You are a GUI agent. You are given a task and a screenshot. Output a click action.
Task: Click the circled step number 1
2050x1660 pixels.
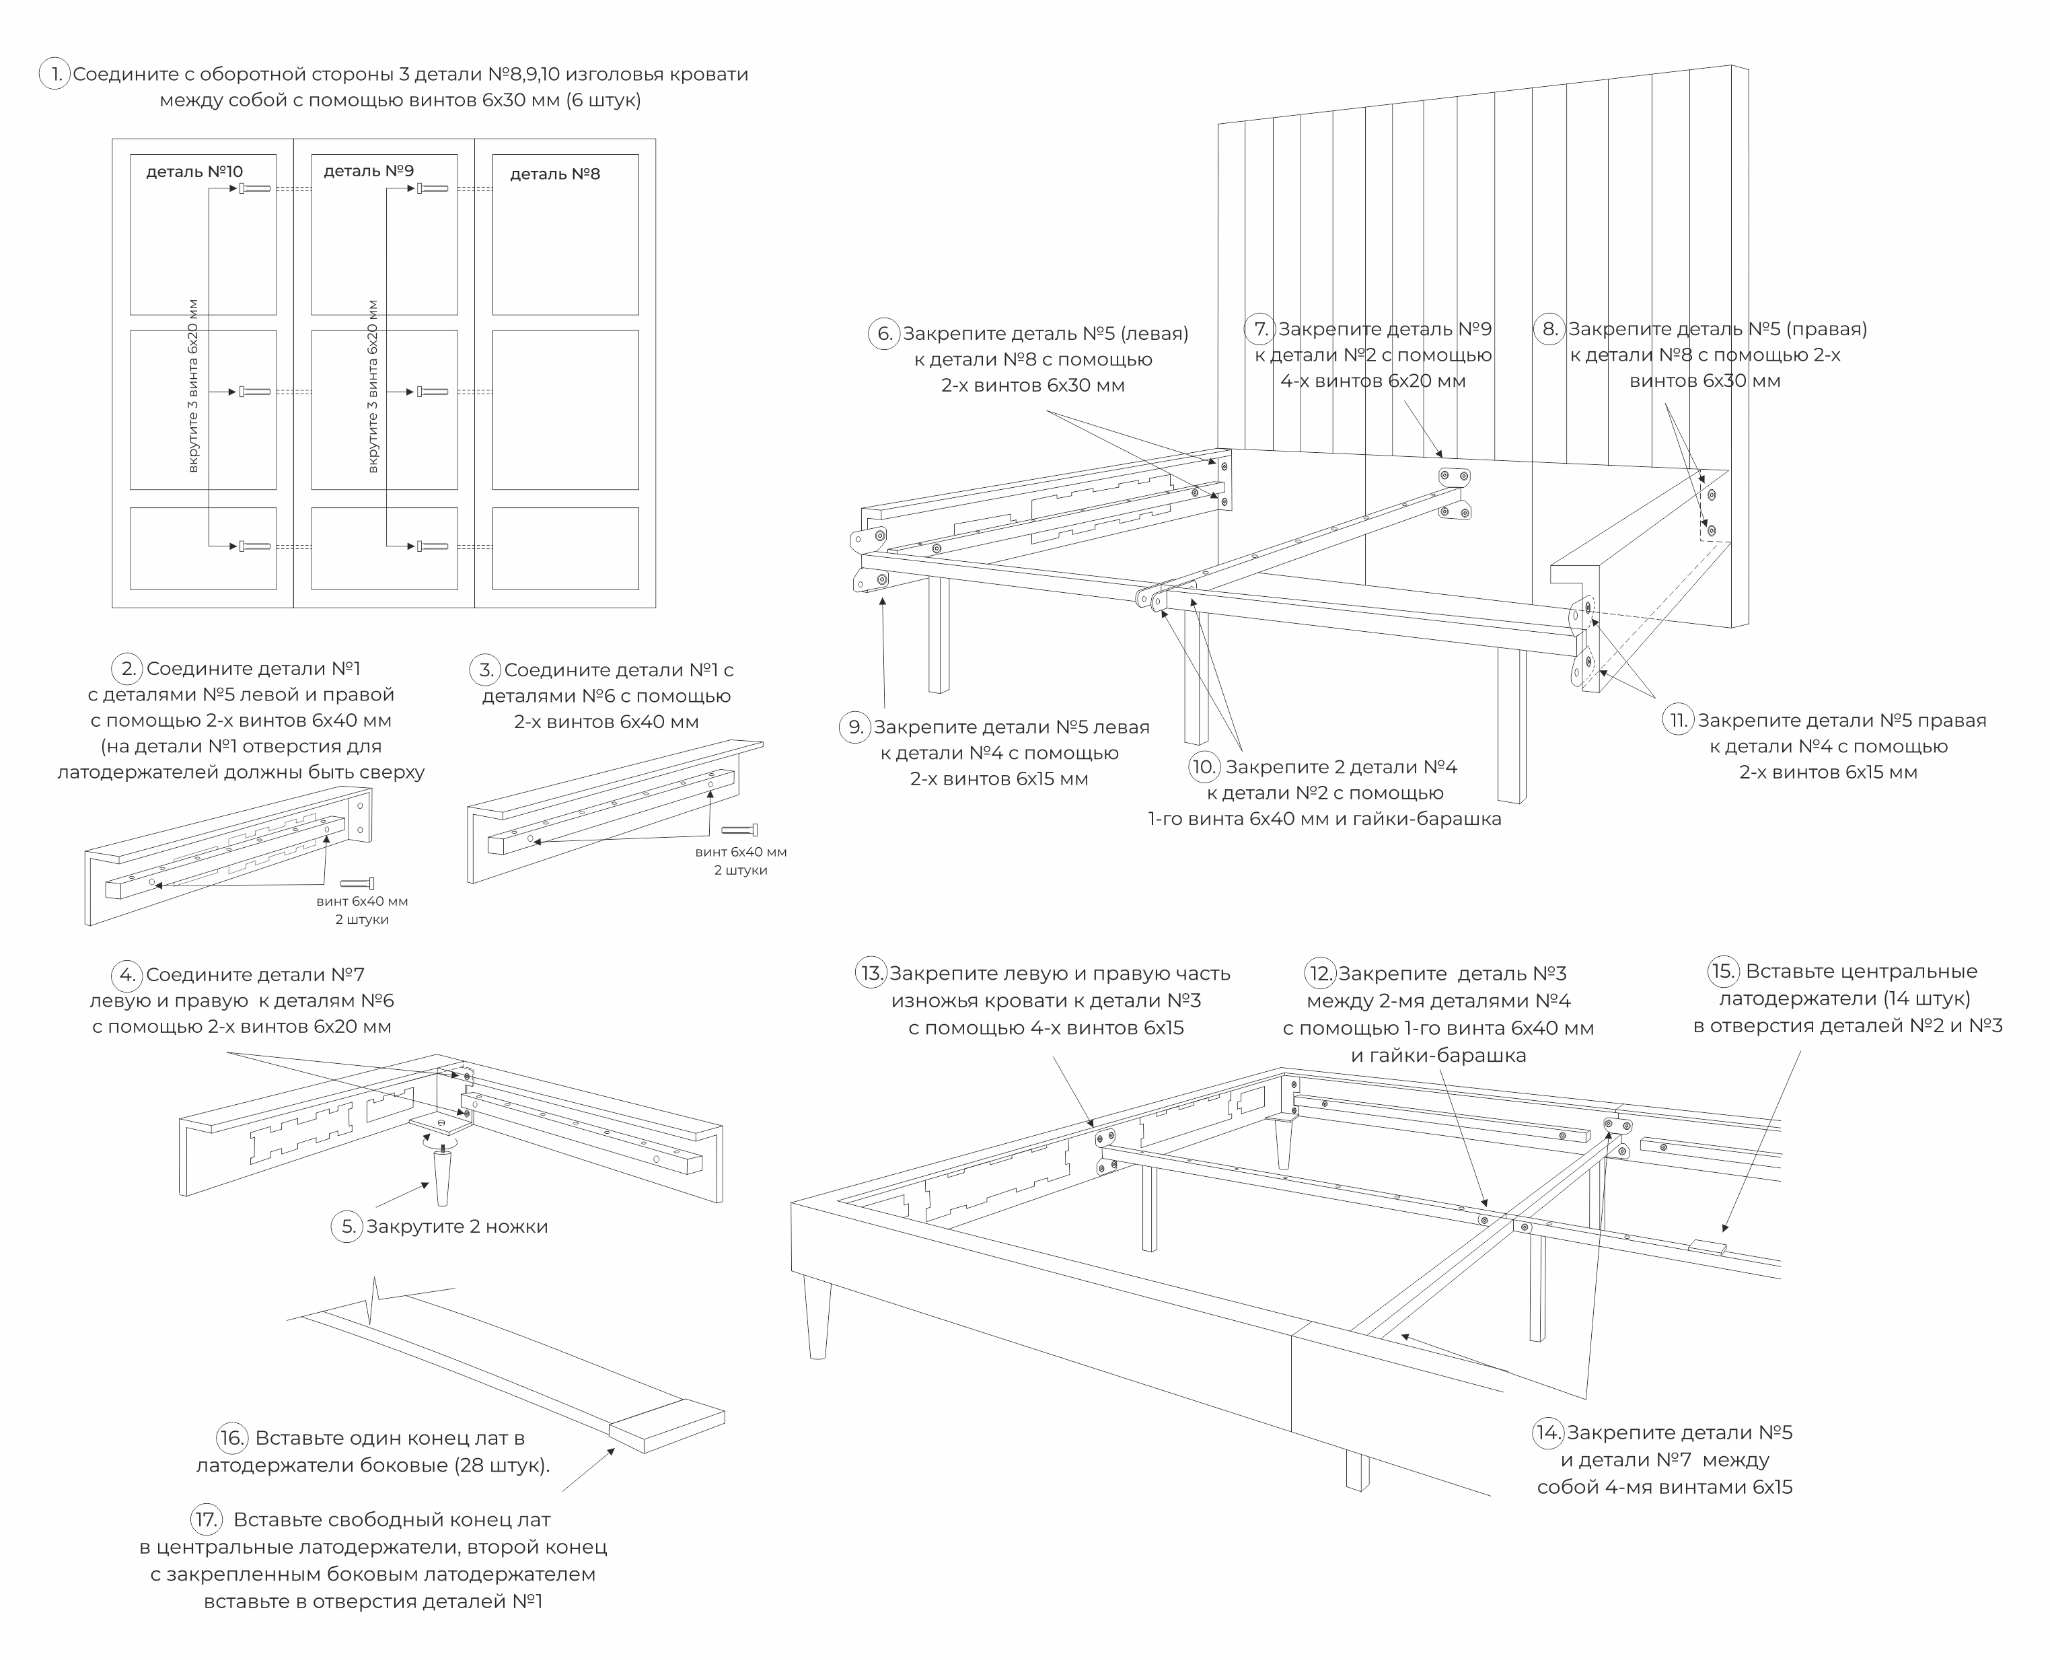pos(54,73)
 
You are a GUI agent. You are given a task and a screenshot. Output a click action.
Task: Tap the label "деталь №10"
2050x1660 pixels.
pos(194,172)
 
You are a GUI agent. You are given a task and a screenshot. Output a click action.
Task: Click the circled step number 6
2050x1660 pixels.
pos(885,333)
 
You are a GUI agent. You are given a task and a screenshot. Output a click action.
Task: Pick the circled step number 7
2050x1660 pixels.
pos(1260,329)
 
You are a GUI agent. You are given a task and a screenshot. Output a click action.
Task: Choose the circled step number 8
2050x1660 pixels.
pos(1549,329)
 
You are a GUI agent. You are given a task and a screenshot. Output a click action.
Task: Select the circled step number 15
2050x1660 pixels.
pos(1723,972)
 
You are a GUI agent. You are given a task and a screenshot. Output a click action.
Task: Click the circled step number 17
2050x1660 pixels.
pos(207,1519)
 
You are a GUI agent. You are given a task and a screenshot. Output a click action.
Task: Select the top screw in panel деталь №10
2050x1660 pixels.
pos(255,188)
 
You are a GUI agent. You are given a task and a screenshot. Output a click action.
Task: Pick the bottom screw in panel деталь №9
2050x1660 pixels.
pos(432,546)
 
